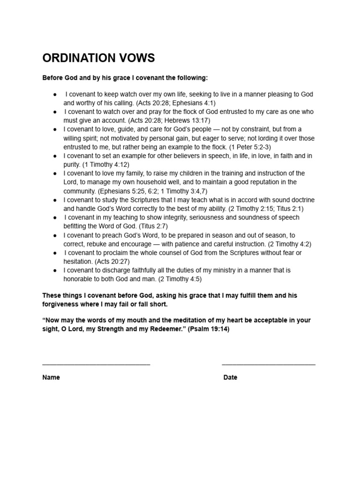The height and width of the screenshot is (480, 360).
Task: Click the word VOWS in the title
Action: (x=136, y=58)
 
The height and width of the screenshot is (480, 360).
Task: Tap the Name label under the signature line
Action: (x=51, y=377)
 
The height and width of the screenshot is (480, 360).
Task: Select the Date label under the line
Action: (x=230, y=377)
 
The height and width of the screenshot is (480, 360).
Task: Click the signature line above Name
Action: (x=96, y=364)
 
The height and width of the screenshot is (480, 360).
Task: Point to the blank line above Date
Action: (x=269, y=364)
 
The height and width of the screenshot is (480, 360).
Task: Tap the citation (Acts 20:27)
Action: (x=112, y=262)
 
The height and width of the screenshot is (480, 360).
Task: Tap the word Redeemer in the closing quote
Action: (x=162, y=329)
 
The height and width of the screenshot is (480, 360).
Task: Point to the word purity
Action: (x=72, y=165)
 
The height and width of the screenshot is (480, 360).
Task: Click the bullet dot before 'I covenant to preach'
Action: (x=55, y=235)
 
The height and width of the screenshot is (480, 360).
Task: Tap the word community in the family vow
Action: (x=80, y=191)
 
